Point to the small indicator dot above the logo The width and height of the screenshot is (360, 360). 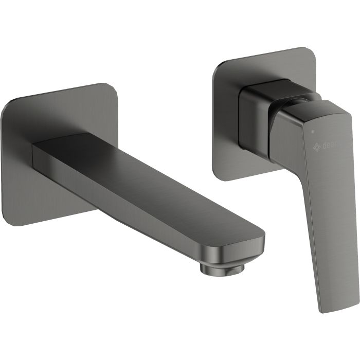pos(312,132)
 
